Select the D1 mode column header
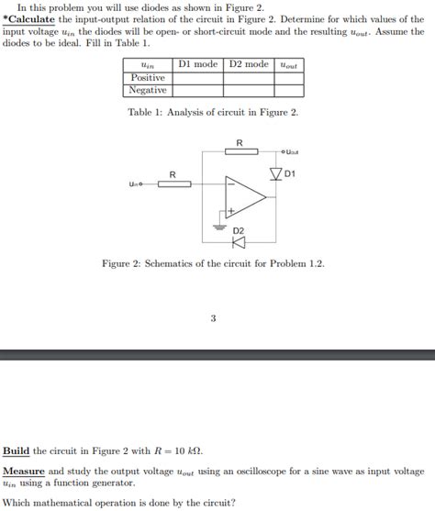pos(197,64)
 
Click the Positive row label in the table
pos(147,78)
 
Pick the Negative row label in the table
pos(147,91)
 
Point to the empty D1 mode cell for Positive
pos(197,78)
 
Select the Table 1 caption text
pos(213,112)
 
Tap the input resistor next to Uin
pos(173,183)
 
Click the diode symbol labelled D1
pos(274,172)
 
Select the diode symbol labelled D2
pos(239,242)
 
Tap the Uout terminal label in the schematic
pos(292,152)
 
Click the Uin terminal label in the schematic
pos(135,184)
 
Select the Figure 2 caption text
pos(213,263)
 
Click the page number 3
pos(213,318)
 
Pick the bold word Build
pos(17,450)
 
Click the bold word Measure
pos(24,471)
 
